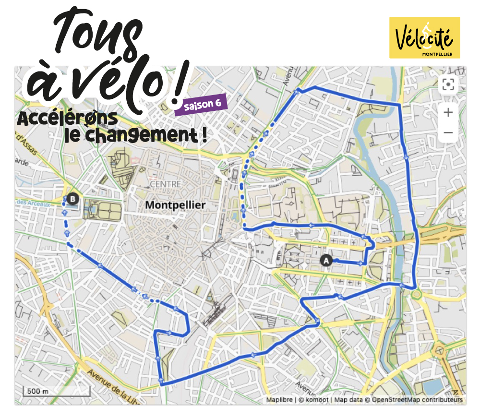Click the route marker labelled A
pos(326,261)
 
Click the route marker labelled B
pos(72,198)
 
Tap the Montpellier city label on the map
pos(175,205)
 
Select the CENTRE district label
pos(166,184)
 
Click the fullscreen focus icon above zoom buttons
pos(448,84)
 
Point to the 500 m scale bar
pos(56,391)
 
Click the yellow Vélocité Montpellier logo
pos(424,37)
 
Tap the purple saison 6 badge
pos(201,105)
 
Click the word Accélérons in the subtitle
pos(67,119)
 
